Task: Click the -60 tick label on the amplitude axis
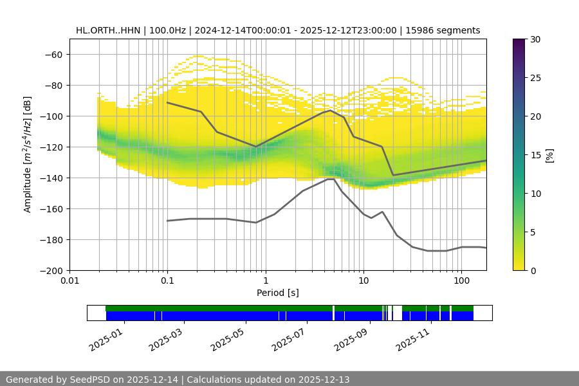53,55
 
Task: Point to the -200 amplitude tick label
51,271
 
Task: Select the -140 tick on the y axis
51,178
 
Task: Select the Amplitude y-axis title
28,154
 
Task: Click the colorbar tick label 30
535,40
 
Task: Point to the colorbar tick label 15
535,155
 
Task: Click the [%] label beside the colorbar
550,154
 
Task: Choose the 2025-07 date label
289,337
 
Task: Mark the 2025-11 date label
412,337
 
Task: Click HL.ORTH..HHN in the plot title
106,30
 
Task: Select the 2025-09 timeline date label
351,337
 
